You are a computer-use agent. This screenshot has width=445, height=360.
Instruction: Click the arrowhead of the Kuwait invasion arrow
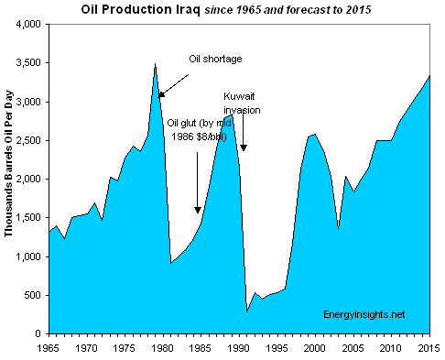click(244, 149)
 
